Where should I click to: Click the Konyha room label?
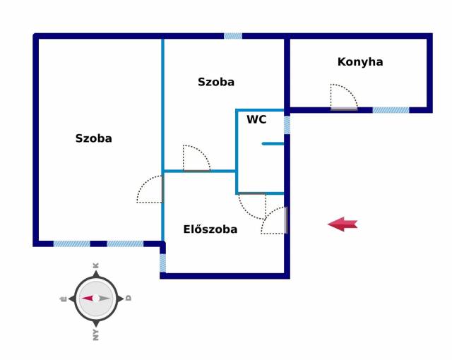[x=360, y=62]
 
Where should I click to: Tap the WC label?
[x=256, y=119]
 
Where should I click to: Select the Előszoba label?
[x=210, y=229]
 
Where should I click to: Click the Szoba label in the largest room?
[x=94, y=138]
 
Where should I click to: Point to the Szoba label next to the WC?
[x=216, y=82]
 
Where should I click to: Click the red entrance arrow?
[x=343, y=224]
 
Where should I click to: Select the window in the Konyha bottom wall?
[x=391, y=110]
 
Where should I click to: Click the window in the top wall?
[x=233, y=36]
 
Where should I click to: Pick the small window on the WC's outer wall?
[x=287, y=125]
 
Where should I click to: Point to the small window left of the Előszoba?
[x=162, y=263]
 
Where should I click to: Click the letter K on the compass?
[x=96, y=265]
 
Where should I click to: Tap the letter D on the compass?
[x=129, y=298]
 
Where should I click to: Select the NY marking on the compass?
[x=96, y=335]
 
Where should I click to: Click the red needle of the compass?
[x=88, y=298]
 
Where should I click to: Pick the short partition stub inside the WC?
[x=273, y=143]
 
